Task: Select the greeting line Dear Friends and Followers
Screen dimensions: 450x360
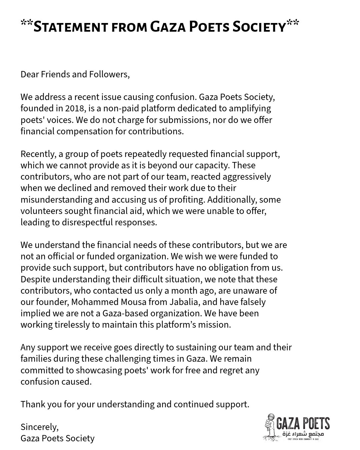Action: (75, 74)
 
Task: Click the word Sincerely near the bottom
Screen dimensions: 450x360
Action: (39, 427)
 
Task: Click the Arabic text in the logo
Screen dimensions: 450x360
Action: (303, 434)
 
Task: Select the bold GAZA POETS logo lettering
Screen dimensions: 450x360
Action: (303, 424)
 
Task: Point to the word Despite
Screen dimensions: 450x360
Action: (35, 279)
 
